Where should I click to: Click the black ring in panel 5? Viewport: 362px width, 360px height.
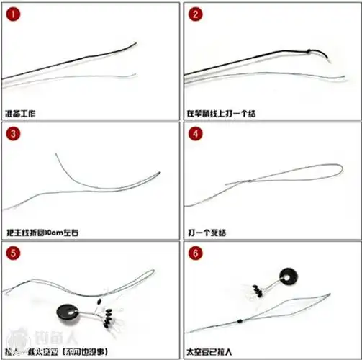67,312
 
